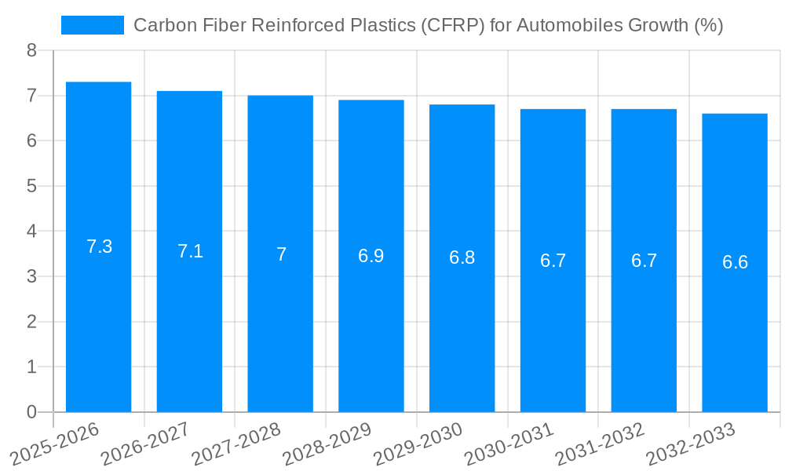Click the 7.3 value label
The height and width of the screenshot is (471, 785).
coord(99,246)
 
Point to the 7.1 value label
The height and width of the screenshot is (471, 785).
coord(190,251)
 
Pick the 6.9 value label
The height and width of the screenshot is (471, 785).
coord(371,256)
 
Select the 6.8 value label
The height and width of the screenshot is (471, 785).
coord(462,257)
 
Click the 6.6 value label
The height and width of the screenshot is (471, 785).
coord(735,262)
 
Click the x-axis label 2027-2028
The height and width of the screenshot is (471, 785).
coord(235,444)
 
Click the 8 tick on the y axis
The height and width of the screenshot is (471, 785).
coord(31,51)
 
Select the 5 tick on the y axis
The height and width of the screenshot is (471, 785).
coord(31,187)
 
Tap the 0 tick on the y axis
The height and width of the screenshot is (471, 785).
coord(31,412)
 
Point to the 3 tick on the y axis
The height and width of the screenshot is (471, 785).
coord(31,277)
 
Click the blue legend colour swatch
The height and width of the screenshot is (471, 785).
coord(93,25)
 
